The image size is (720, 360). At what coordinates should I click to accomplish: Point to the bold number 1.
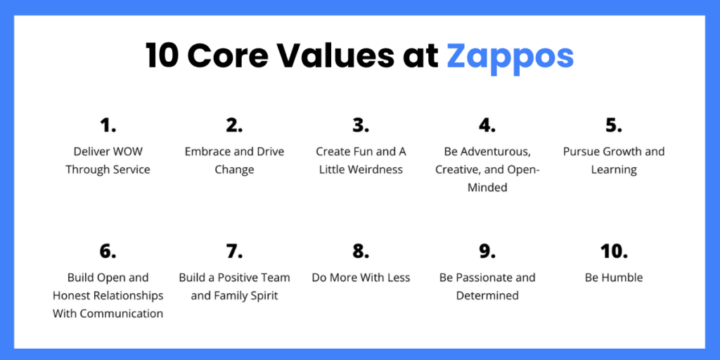point(108,125)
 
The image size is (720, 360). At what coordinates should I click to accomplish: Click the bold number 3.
point(361,125)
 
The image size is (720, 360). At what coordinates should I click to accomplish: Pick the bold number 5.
point(613,125)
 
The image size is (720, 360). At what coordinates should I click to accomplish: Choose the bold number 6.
point(108,251)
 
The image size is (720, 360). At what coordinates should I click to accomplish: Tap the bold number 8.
point(361,251)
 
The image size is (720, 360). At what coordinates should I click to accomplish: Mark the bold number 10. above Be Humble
point(613,251)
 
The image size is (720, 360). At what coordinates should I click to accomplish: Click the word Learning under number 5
point(614,170)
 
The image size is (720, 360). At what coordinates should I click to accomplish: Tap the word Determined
point(487,296)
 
